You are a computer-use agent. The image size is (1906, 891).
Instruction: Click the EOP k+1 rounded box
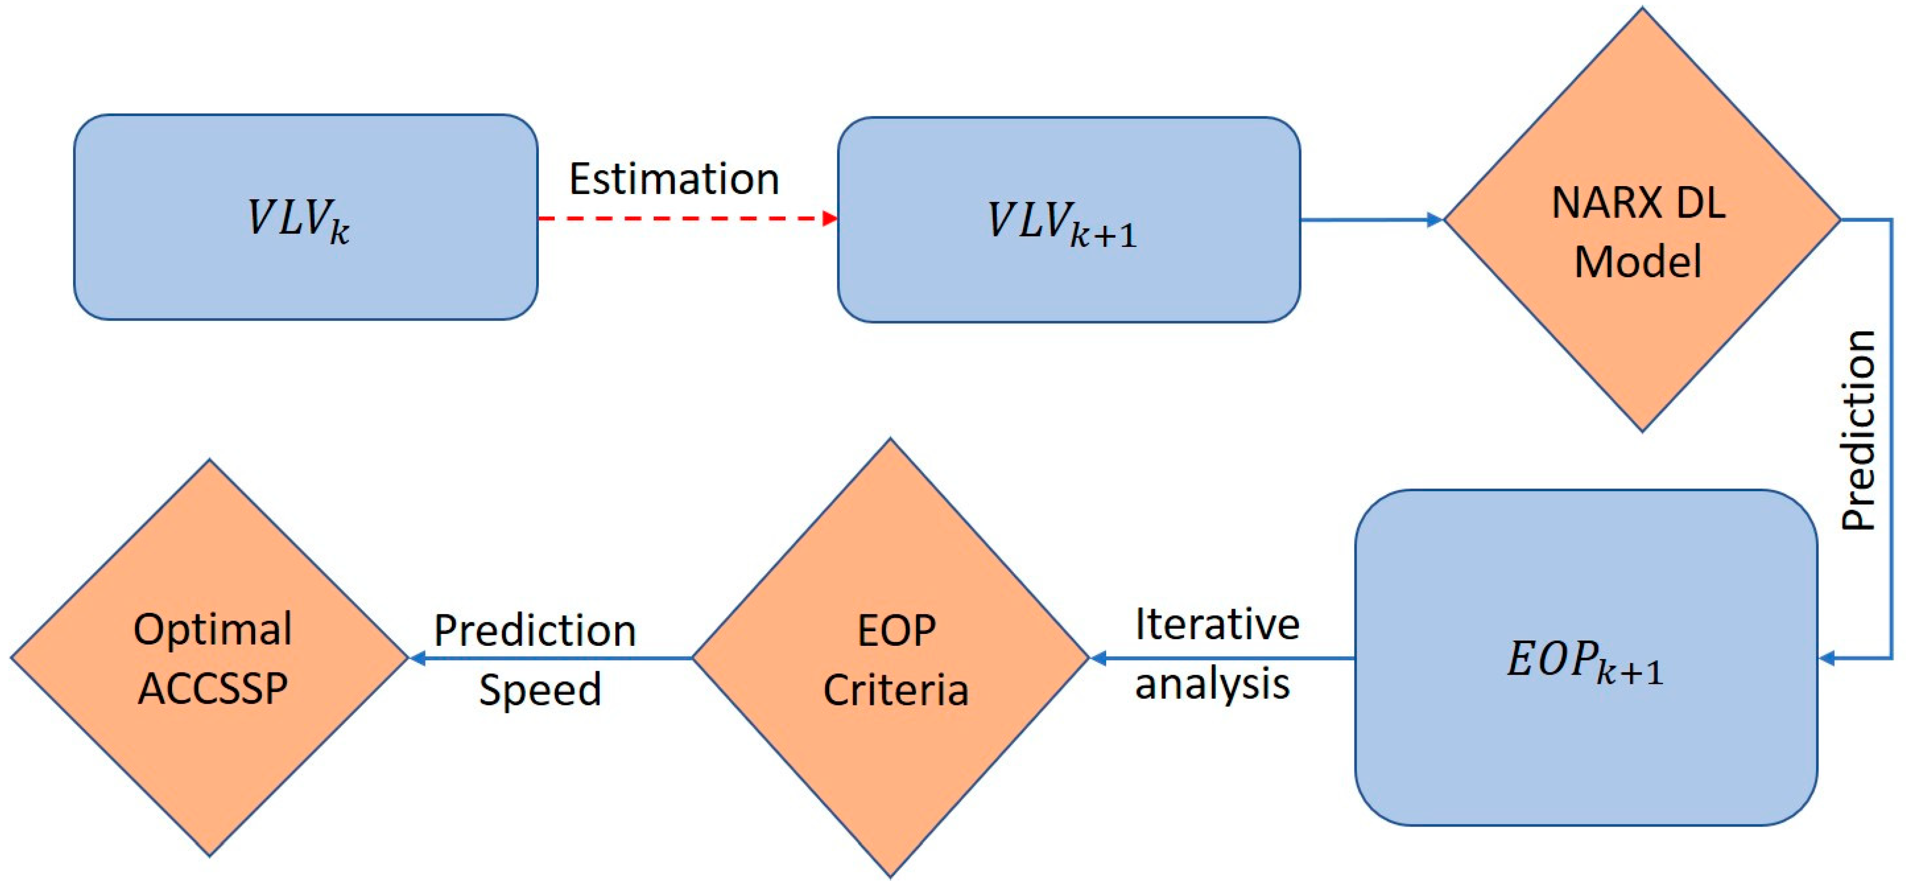1586,657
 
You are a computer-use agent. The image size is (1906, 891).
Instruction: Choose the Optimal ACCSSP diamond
210,657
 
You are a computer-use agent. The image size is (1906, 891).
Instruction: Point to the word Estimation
673,179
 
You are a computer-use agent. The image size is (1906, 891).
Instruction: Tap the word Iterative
1217,624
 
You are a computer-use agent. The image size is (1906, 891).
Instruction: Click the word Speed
539,690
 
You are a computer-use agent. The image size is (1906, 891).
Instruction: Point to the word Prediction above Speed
534,630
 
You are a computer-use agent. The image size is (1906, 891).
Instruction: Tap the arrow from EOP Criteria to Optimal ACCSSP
551,657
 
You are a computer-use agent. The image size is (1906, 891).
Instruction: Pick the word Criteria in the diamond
895,690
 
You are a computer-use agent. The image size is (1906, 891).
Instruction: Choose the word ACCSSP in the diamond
213,688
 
